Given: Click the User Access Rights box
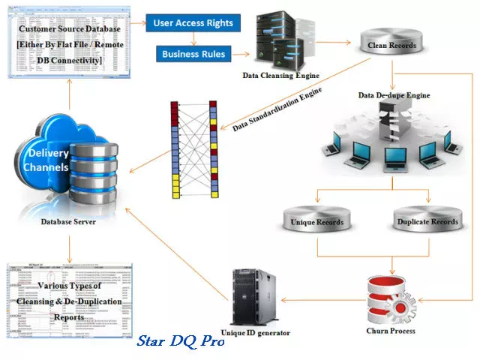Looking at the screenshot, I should coord(193,22).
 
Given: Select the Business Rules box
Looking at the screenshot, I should coord(193,54).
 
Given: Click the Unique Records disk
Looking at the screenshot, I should coord(316,222).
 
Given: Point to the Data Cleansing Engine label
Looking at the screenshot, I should coord(281,76).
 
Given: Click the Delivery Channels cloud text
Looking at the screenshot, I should coord(49,160).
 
